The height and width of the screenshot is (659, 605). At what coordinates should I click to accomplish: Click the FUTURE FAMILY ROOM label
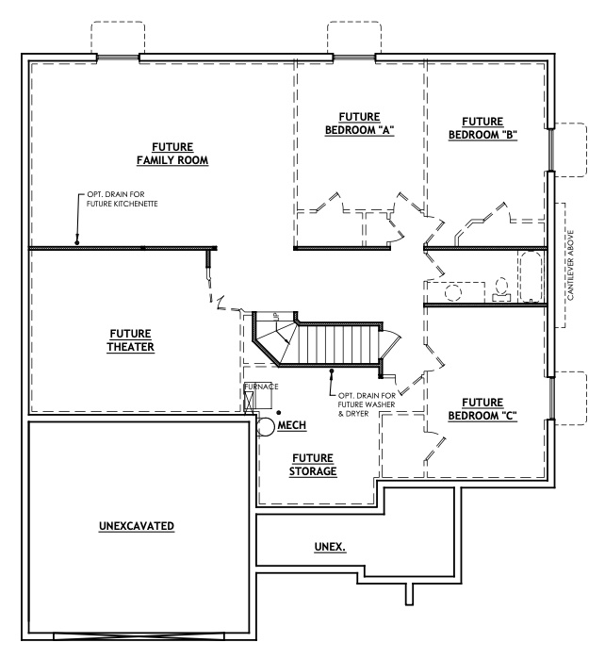[x=172, y=154]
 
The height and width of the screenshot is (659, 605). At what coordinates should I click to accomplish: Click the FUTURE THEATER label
[x=131, y=339]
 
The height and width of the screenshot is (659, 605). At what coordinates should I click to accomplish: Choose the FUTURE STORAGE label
[x=315, y=464]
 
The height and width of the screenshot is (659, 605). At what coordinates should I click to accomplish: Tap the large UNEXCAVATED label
[x=137, y=525]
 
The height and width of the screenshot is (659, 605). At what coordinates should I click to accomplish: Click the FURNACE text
[x=260, y=387]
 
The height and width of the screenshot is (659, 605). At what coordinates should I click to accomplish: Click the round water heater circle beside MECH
[x=266, y=427]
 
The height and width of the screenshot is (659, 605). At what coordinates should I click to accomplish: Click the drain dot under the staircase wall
[x=329, y=372]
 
